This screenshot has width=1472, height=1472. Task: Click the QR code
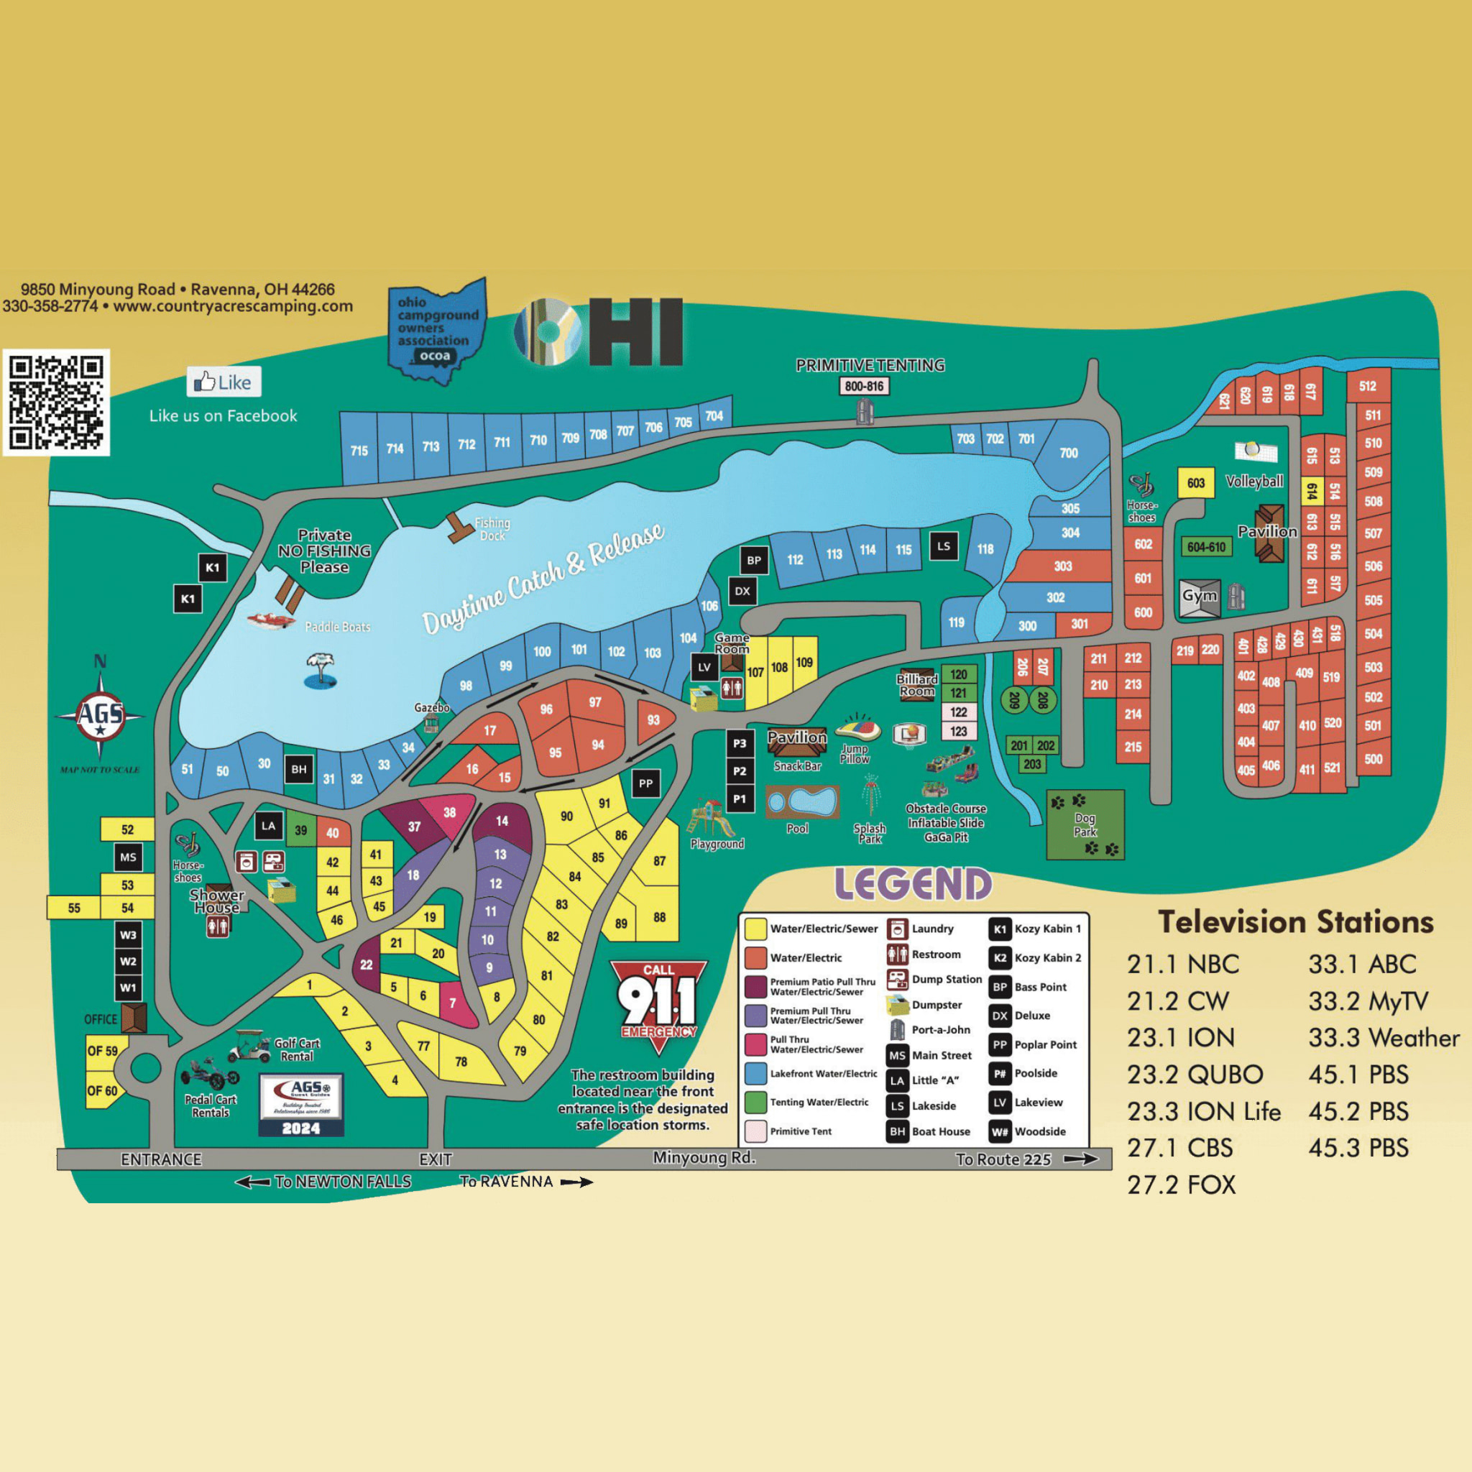(x=56, y=402)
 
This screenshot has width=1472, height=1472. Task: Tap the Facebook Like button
(x=224, y=382)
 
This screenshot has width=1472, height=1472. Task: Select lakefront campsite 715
(x=359, y=450)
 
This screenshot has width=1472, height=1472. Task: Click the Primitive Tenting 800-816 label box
(x=864, y=386)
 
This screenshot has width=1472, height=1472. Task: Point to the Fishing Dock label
(x=492, y=529)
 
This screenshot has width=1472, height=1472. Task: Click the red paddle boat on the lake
(x=270, y=620)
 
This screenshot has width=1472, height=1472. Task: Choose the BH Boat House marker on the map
(x=299, y=769)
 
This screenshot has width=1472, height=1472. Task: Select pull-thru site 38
(x=449, y=813)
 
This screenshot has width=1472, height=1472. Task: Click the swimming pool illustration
(x=801, y=802)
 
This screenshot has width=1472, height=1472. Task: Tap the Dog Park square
(x=1085, y=824)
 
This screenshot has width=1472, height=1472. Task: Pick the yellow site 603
(x=1195, y=482)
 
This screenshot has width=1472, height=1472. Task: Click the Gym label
(x=1200, y=595)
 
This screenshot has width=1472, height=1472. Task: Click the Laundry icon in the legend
(x=898, y=929)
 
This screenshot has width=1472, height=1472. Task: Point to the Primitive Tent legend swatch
(x=755, y=1131)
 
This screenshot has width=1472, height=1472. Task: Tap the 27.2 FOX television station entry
(x=1181, y=1184)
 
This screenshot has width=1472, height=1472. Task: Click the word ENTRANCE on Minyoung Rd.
(x=161, y=1159)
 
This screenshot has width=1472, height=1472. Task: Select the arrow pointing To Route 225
(x=1080, y=1159)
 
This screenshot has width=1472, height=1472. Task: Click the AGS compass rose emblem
(x=100, y=715)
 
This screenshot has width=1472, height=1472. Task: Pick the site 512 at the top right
(x=1368, y=385)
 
